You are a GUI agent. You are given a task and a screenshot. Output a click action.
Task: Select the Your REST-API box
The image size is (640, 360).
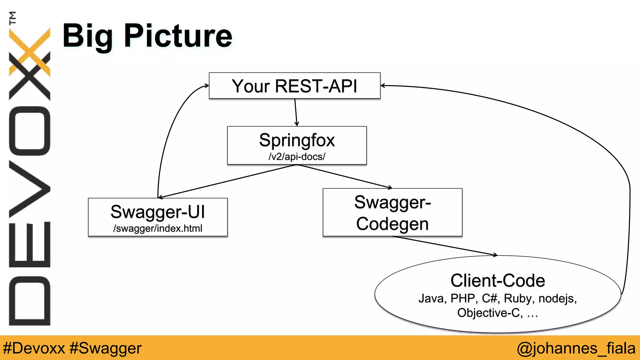click(294, 86)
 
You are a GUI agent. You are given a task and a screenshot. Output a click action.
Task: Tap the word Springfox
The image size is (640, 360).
click(297, 140)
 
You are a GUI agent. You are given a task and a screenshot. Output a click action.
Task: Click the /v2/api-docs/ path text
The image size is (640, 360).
click(297, 157)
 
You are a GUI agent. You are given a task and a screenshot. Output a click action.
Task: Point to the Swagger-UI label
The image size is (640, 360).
click(158, 212)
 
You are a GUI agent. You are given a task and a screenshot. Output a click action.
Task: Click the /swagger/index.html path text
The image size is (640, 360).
click(158, 228)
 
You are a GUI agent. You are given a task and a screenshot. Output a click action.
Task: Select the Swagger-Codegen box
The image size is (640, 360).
click(392, 212)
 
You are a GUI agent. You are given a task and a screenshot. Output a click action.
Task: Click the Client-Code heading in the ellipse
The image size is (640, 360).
click(497, 280)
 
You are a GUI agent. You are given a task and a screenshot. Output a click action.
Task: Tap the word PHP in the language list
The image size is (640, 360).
click(462, 298)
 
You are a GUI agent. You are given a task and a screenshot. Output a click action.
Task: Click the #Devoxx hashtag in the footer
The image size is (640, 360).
click(34, 348)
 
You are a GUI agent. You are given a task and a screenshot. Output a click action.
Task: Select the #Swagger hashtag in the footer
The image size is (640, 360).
click(106, 348)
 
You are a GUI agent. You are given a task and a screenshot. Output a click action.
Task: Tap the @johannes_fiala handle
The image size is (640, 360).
click(576, 348)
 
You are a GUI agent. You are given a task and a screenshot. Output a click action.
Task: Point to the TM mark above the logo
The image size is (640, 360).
click(12, 18)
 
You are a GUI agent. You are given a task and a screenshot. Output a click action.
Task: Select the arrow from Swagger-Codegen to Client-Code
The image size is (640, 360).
click(444, 246)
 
